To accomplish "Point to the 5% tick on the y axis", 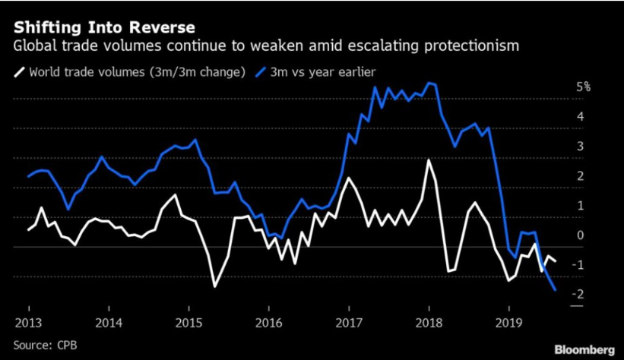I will pos(583,87).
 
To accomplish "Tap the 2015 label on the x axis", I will pos(189,321).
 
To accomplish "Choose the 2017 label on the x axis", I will pos(349,321).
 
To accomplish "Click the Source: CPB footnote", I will pos(46,346).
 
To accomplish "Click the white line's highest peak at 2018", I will pos(429,159).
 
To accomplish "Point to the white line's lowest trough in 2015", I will pos(215,286).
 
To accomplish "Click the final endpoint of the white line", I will pos(556,261).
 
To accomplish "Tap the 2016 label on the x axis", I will pos(269,321).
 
